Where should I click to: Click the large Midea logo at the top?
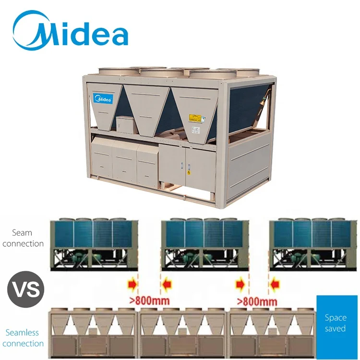[x=71, y=30]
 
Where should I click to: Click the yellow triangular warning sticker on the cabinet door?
[x=188, y=171]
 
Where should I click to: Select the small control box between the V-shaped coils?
[x=123, y=124]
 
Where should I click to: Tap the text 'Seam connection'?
[x=23, y=239]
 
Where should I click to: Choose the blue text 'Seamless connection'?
[x=23, y=338]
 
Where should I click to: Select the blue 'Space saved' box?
[x=335, y=323]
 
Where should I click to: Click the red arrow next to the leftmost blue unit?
[x=131, y=286]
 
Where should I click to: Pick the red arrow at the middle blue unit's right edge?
[x=240, y=286]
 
